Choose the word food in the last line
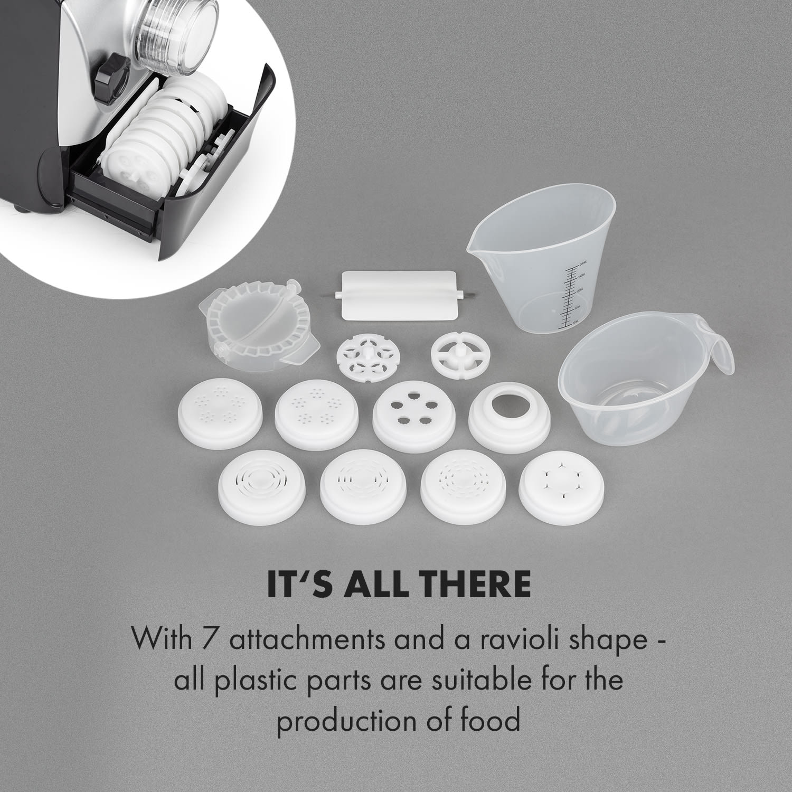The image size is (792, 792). pos(491,721)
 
